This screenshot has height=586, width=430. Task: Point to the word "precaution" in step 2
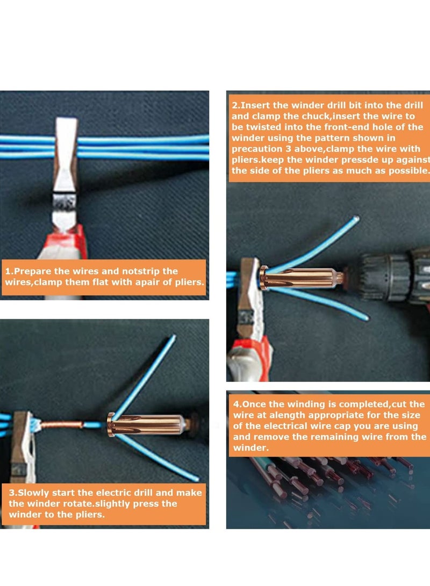click(256, 149)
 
